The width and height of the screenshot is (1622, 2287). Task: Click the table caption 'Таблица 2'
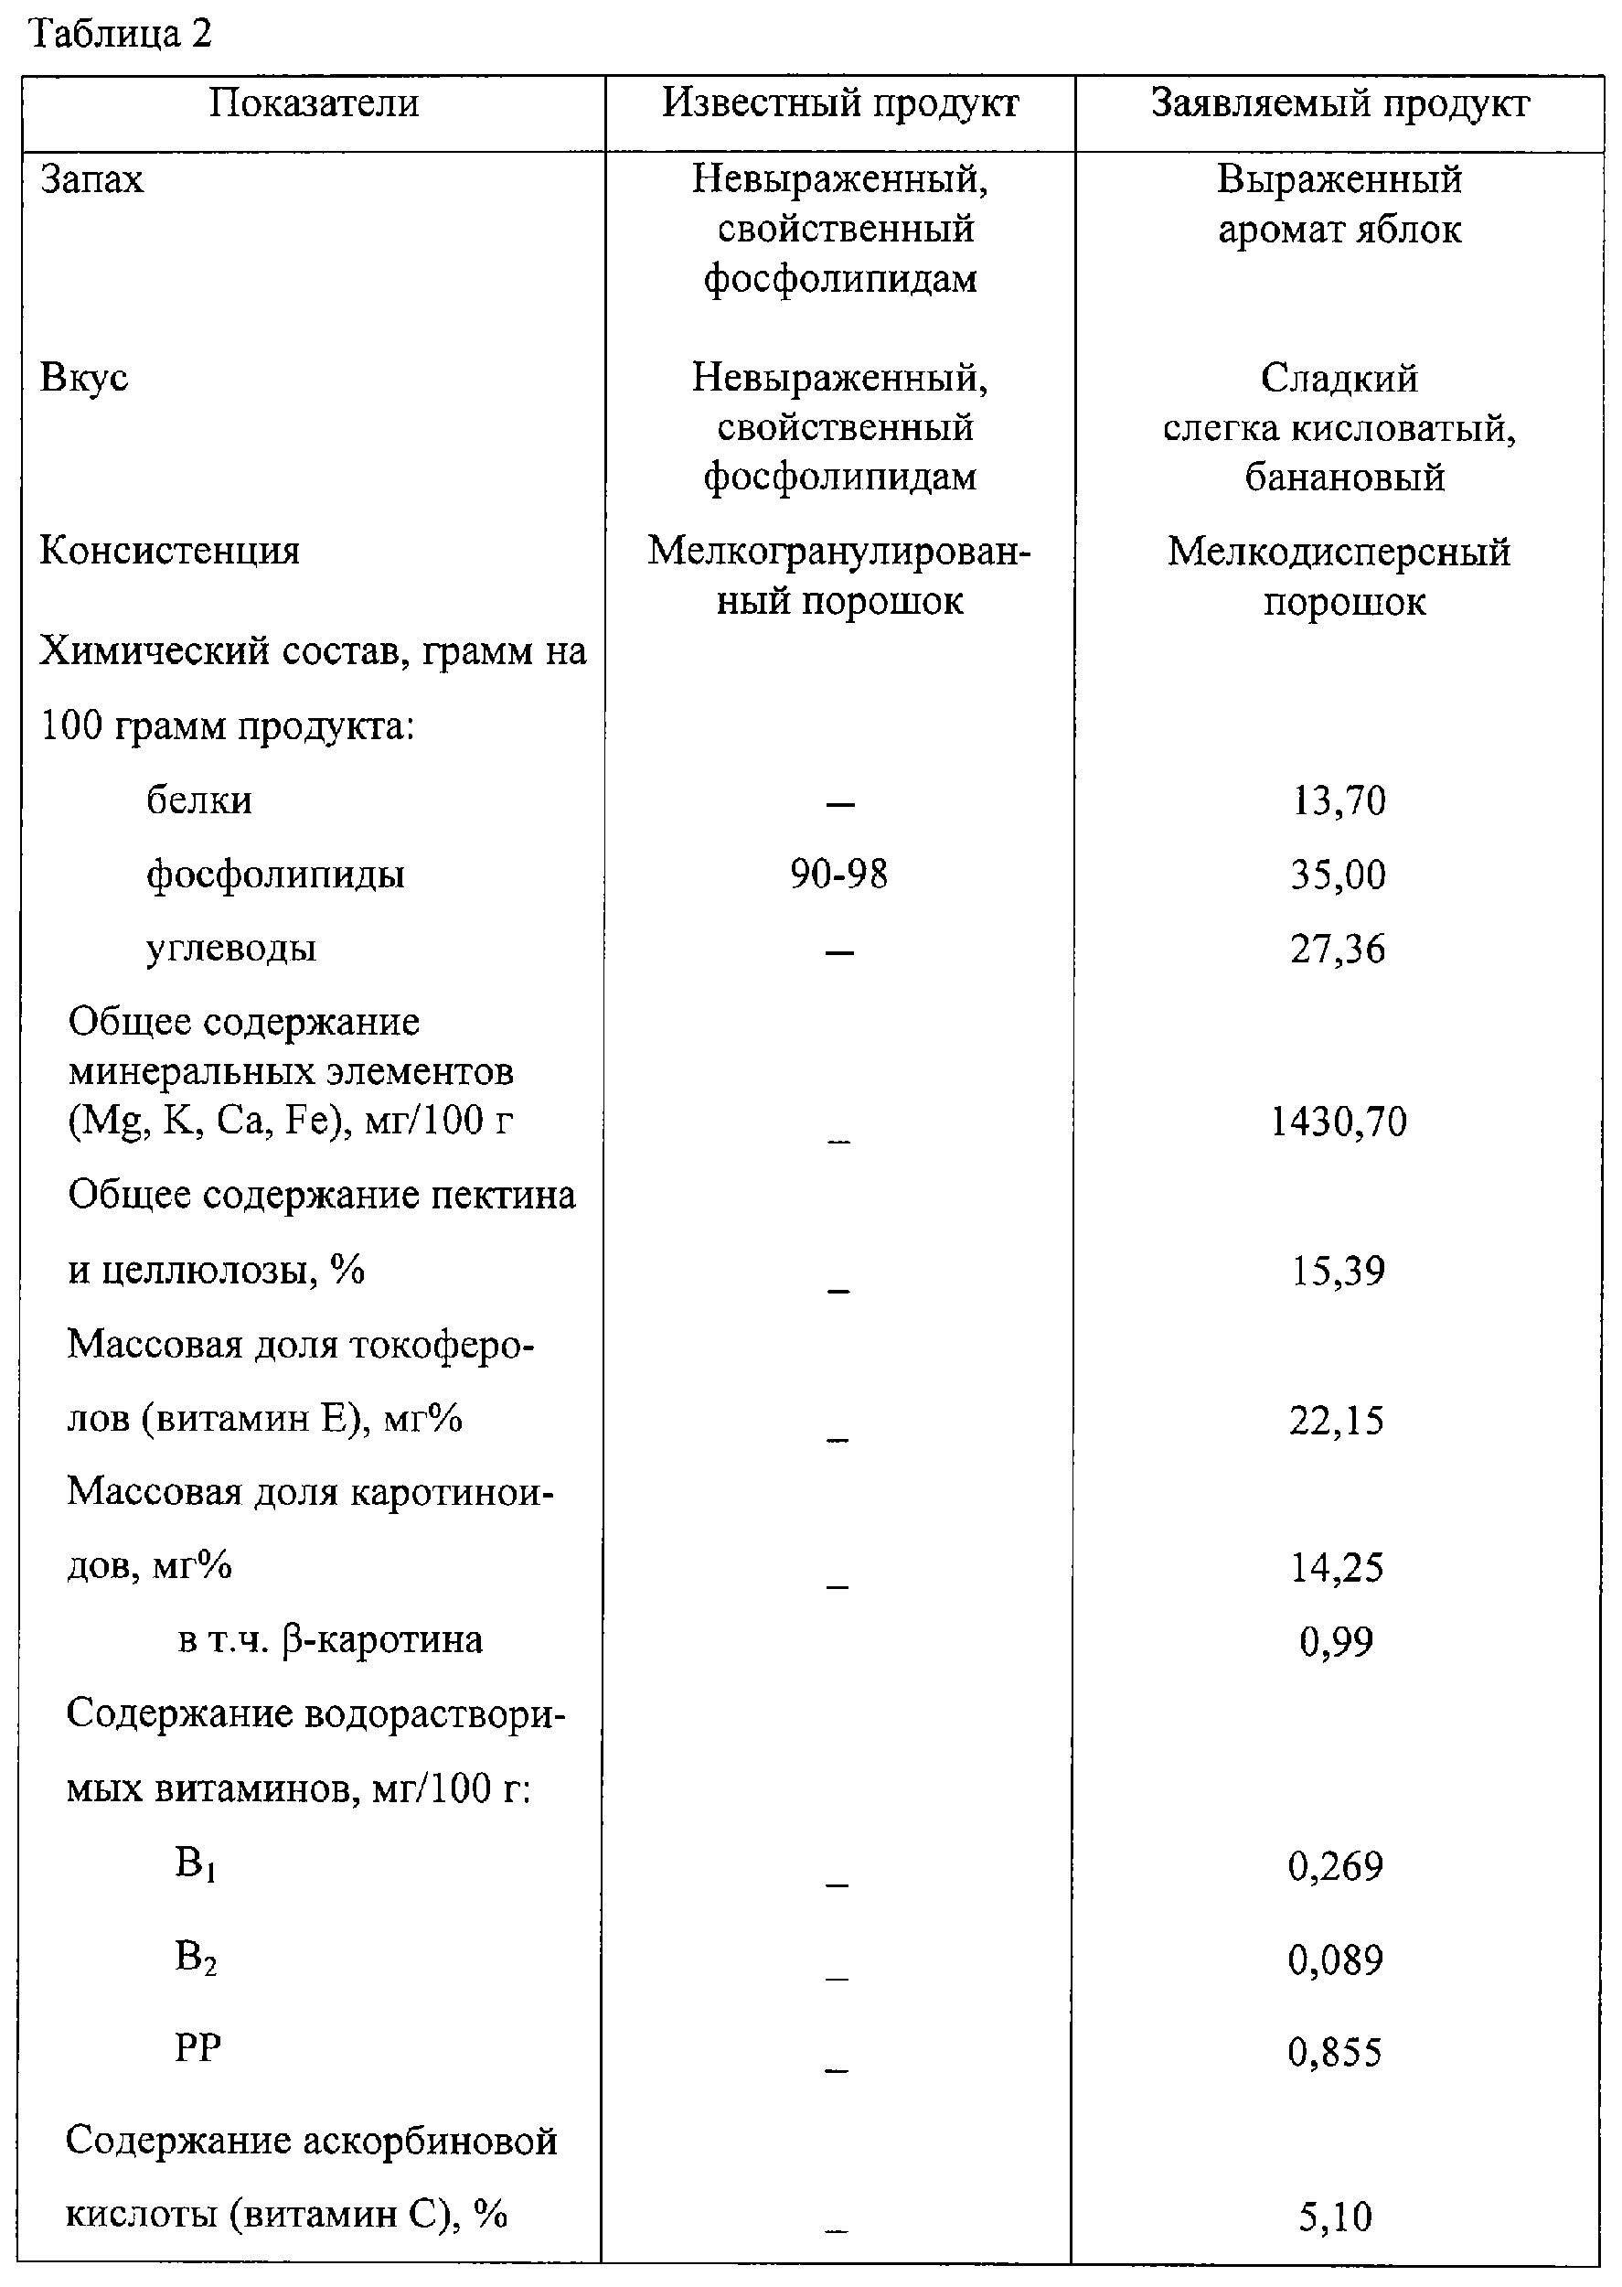pos(121,34)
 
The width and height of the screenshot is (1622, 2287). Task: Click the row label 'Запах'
pos(91,180)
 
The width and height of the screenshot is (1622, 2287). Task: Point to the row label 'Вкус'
pos(84,379)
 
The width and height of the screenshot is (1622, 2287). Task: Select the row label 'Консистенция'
pos(169,551)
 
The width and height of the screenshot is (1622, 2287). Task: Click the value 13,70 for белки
pos(1339,800)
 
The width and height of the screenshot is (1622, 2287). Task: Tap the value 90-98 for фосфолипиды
pos(839,875)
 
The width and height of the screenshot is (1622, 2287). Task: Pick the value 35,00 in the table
pos(1339,875)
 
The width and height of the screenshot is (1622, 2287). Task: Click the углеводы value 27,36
pos(1339,948)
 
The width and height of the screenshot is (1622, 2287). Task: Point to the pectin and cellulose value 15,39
pos(1339,1271)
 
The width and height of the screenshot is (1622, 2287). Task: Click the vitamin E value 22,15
pos(1338,1420)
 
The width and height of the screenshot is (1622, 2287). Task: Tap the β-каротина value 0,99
pos(1337,1640)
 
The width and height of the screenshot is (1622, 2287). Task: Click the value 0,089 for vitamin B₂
pos(1335,1960)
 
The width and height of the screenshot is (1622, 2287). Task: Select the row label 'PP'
pos(197,2047)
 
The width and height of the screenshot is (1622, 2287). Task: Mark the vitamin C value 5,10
pos(1335,2217)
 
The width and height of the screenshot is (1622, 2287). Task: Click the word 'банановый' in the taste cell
pos(1344,477)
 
